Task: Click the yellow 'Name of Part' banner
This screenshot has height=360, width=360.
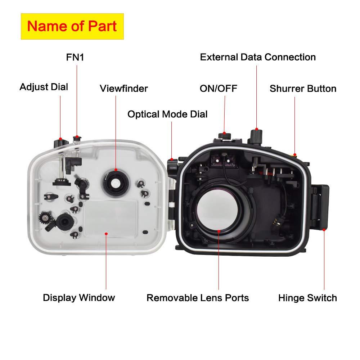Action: (72, 26)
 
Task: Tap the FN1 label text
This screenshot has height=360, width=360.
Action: (75, 57)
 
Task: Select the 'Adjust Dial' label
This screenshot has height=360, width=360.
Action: (44, 87)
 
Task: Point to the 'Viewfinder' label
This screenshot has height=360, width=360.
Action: (124, 88)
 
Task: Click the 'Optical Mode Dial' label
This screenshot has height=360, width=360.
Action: (167, 114)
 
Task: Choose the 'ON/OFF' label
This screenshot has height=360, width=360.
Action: (219, 88)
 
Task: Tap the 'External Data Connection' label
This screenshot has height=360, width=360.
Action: (258, 57)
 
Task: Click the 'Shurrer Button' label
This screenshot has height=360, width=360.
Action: (303, 88)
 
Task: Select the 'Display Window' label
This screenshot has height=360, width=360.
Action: (79, 297)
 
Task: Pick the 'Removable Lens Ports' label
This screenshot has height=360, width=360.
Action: (198, 298)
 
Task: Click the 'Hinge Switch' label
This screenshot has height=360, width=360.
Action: (307, 298)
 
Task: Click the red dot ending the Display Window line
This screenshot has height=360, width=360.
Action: (106, 233)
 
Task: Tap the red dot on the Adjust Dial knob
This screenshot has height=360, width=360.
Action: (61, 139)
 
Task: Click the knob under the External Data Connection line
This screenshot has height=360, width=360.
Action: (256, 135)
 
